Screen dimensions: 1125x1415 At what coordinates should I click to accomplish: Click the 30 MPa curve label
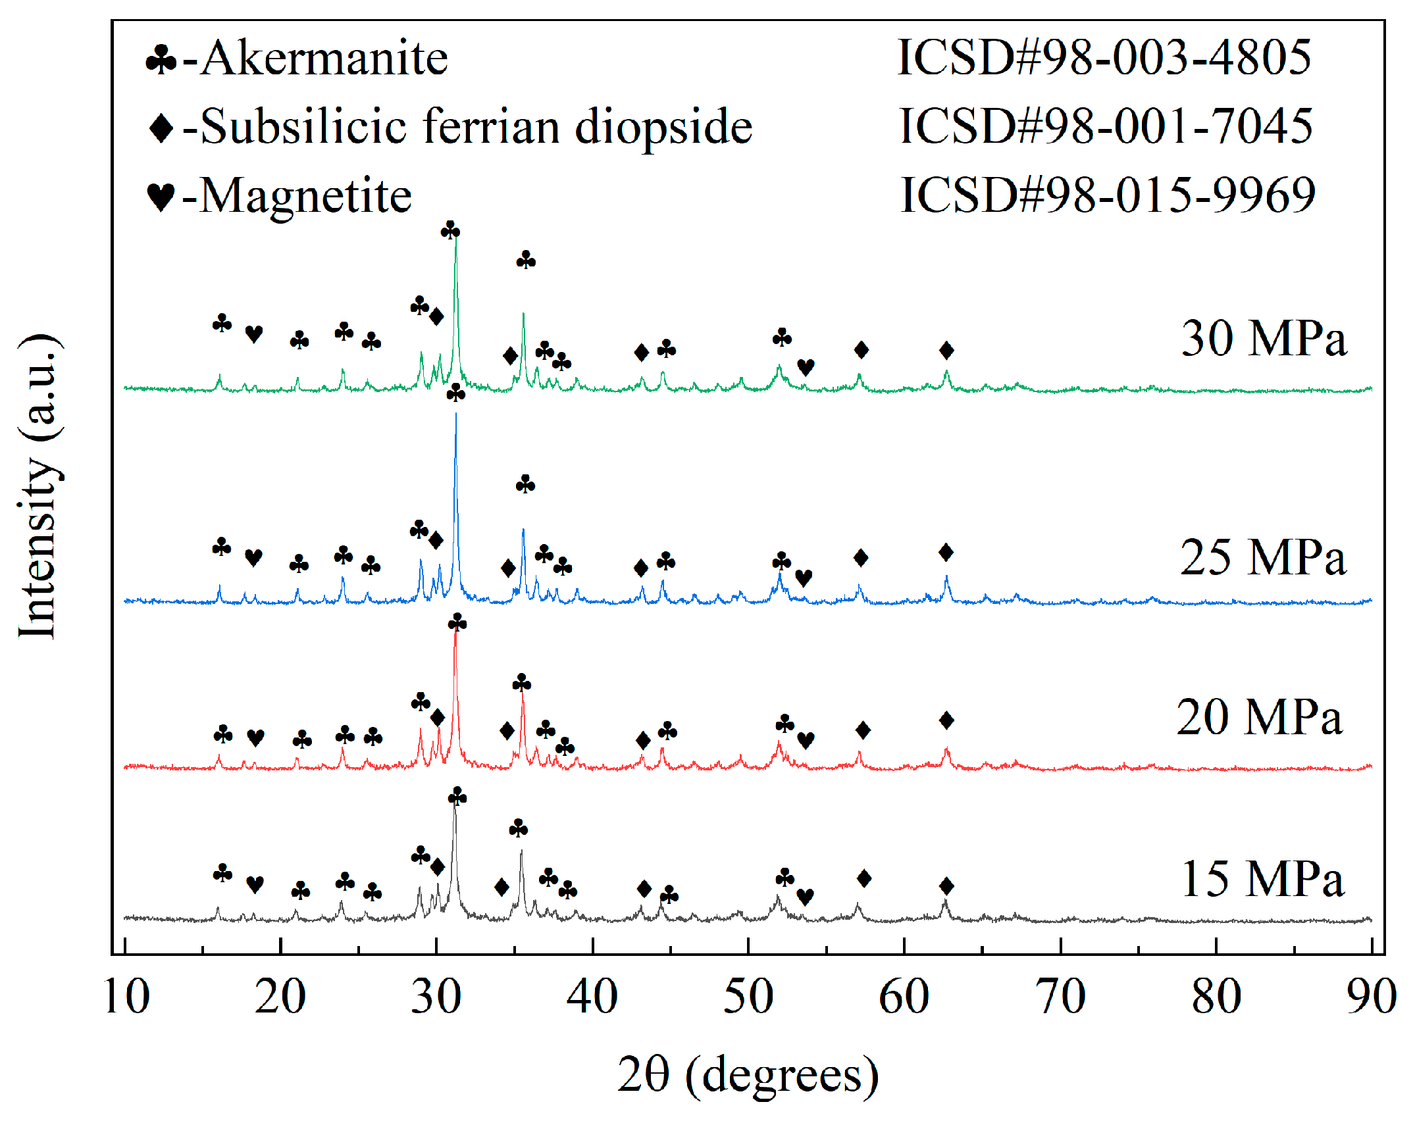pyautogui.click(x=1264, y=339)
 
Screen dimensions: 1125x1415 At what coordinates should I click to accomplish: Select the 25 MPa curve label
pyautogui.click(x=1262, y=558)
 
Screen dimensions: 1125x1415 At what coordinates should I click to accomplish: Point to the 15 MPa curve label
pyautogui.click(x=1262, y=880)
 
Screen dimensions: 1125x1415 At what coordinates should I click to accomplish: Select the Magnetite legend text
pyautogui.click(x=305, y=196)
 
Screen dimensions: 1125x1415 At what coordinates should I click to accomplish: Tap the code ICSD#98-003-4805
pyautogui.click(x=1104, y=58)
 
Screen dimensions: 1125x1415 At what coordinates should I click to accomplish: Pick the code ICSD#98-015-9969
pyautogui.click(x=1107, y=195)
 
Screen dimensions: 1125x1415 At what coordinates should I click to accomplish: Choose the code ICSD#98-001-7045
pyautogui.click(x=1106, y=126)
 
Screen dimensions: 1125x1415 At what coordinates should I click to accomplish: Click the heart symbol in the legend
pyautogui.click(x=161, y=197)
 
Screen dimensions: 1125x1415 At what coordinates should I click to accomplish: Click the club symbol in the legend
pyautogui.click(x=161, y=61)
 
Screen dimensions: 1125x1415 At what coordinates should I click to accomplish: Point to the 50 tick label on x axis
pyautogui.click(x=748, y=997)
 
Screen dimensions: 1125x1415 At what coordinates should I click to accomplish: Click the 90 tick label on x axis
pyautogui.click(x=1371, y=997)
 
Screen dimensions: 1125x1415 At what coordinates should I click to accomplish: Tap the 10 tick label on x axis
pyautogui.click(x=126, y=997)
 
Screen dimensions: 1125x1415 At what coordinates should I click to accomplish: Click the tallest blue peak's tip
pyautogui.click(x=455, y=414)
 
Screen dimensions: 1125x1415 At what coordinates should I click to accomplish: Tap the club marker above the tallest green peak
pyautogui.click(x=450, y=231)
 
